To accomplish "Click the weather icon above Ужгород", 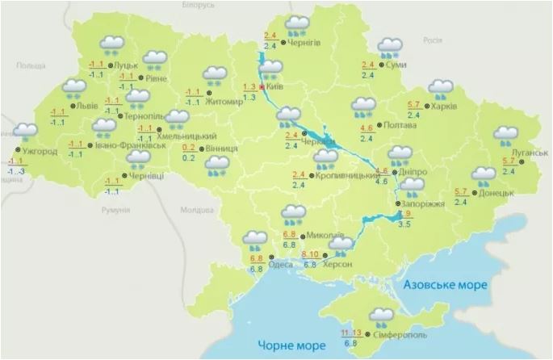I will (x=25, y=131).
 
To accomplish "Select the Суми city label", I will (x=396, y=65).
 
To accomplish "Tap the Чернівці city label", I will (x=145, y=176).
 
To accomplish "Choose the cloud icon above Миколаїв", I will (x=293, y=215).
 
